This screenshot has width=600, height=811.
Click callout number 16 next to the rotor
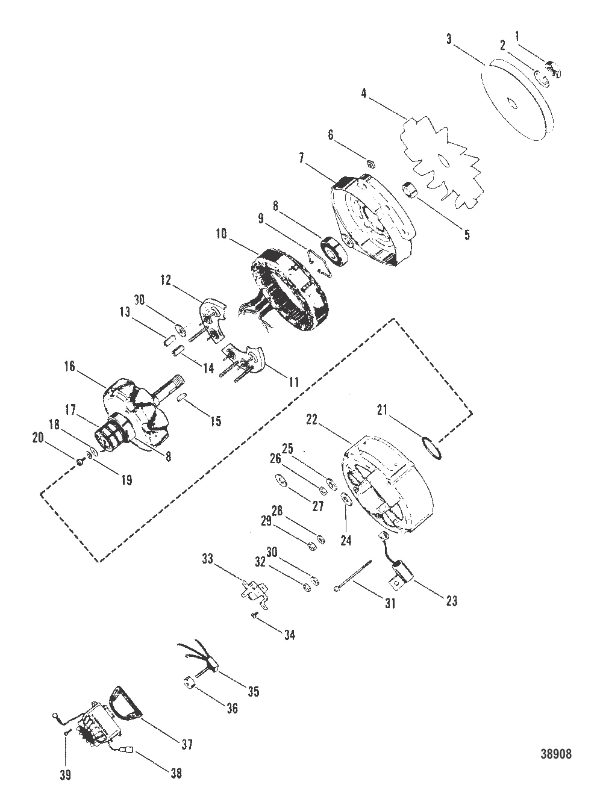pos(70,365)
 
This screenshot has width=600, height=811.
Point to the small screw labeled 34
pos(255,614)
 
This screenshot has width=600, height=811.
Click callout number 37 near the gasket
pos(187,744)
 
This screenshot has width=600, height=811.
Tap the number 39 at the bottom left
pos(65,775)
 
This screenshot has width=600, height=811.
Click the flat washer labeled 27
pos(280,480)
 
